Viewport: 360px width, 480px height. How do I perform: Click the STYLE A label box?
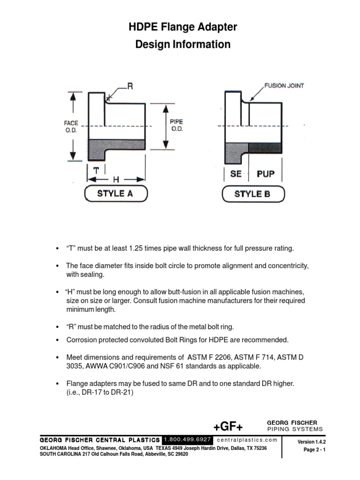[115, 193]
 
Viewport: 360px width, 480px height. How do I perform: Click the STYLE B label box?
[252, 194]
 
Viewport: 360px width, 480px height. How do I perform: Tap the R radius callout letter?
[131, 86]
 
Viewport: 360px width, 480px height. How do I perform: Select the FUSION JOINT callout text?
[284, 86]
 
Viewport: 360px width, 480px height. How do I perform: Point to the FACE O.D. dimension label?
[71, 126]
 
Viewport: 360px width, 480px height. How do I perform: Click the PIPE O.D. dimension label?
[176, 125]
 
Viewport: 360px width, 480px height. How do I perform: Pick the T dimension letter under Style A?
[96, 171]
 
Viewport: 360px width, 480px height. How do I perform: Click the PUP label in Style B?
[265, 174]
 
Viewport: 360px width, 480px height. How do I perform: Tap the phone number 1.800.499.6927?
[188, 440]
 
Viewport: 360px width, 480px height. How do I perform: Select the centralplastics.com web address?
[247, 440]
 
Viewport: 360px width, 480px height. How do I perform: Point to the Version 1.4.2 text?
[311, 442]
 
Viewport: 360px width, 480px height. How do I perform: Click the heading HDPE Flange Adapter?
[183, 28]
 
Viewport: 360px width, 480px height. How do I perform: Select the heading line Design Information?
[183, 45]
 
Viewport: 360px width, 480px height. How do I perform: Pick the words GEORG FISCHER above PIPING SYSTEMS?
[292, 422]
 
